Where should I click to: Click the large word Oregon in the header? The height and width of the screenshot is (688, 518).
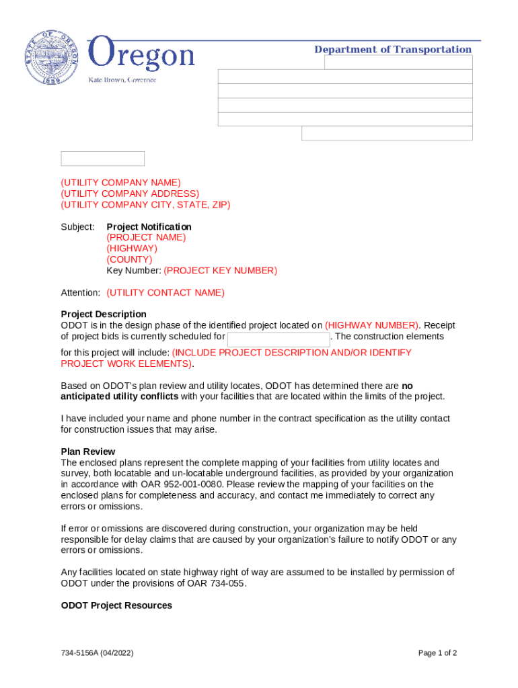tap(142, 54)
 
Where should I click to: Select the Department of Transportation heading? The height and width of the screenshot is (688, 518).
tap(393, 49)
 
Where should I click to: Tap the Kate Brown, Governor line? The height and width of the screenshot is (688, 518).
tap(122, 80)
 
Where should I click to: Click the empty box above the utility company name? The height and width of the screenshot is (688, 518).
tap(103, 159)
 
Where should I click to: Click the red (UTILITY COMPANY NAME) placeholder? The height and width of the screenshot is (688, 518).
tap(121, 183)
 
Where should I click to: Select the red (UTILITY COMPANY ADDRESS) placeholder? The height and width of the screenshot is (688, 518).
tap(130, 193)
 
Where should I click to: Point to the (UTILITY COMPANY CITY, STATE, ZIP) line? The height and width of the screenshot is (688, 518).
tap(145, 205)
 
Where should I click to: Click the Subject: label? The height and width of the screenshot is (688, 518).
tap(78, 227)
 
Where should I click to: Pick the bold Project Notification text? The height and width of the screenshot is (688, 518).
tap(149, 227)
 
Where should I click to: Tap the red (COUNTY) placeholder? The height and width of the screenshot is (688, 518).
tap(129, 259)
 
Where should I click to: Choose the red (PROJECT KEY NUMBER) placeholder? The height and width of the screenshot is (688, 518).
tap(220, 271)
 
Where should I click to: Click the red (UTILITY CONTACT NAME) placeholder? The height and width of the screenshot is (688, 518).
tap(165, 293)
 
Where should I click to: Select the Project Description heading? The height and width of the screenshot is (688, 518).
tap(104, 314)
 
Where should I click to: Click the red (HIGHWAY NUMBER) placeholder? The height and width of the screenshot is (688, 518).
tap(372, 325)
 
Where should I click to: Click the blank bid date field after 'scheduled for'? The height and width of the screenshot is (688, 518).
tap(279, 338)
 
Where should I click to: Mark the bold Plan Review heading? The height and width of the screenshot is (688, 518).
tap(88, 451)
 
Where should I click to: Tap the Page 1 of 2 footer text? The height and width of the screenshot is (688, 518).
tap(437, 653)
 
